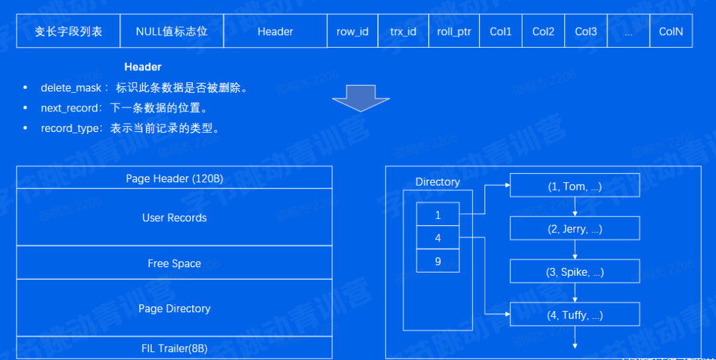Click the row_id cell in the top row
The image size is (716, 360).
[352, 31]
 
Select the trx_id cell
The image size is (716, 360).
[403, 31]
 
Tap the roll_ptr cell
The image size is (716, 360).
[454, 31]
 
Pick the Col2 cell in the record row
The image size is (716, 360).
[543, 31]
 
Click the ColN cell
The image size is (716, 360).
[671, 31]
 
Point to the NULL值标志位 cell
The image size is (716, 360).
[172, 31]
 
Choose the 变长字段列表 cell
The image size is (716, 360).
[68, 31]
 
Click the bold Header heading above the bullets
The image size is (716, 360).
[143, 67]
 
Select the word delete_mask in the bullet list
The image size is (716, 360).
[71, 88]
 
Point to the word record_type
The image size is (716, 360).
[70, 129]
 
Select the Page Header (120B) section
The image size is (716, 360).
[174, 178]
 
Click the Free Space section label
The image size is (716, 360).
[174, 264]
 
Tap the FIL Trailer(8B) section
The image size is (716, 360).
[174, 348]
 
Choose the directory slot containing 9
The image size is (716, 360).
[438, 261]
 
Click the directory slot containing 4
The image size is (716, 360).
[438, 238]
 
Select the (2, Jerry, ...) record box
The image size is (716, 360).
[575, 229]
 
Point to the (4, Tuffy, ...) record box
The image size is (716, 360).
[575, 315]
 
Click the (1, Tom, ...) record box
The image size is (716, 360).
[575, 186]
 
